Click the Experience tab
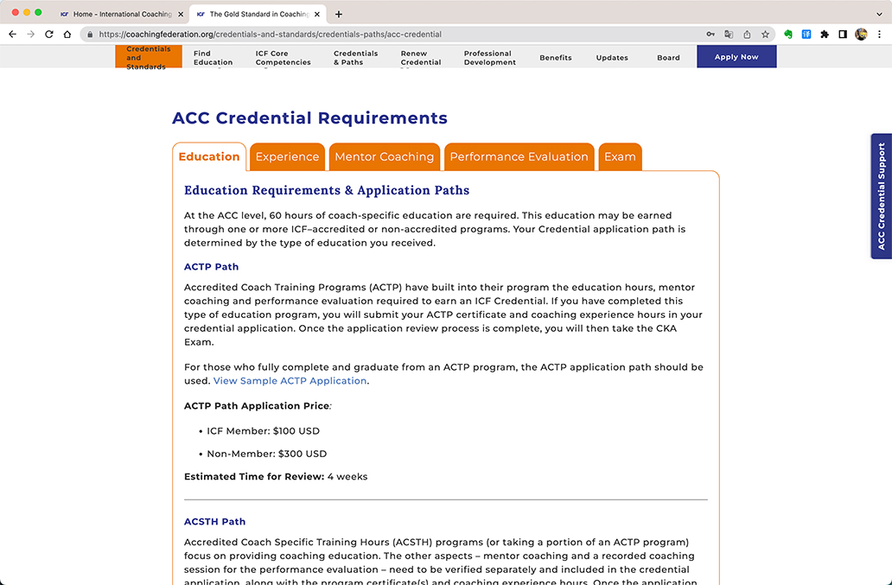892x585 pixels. (287, 156)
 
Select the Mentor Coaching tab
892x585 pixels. (384, 156)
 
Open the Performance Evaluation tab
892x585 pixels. (519, 156)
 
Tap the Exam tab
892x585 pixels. (620, 156)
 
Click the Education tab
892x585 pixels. (209, 156)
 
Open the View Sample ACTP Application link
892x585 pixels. (290, 381)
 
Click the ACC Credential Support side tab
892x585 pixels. (881, 196)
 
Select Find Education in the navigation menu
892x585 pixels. (213, 58)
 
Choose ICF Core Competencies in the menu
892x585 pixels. (283, 58)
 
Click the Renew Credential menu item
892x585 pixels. (421, 58)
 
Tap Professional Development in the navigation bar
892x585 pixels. (489, 58)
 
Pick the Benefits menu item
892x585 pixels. (556, 58)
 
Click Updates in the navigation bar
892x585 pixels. (612, 58)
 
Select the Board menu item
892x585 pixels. (668, 58)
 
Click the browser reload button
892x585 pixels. (48, 35)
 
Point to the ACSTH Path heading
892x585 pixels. (214, 522)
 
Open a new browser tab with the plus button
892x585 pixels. (339, 14)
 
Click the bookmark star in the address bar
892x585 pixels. (765, 35)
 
